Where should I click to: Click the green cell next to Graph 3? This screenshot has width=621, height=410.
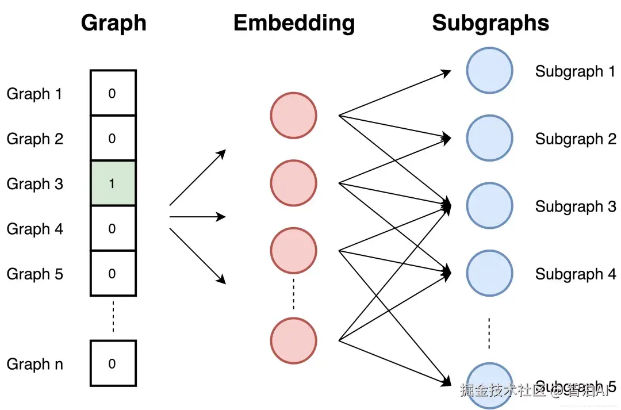coord(113,183)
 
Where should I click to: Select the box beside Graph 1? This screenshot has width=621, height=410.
coord(113,93)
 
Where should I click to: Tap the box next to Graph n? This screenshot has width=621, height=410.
coord(113,363)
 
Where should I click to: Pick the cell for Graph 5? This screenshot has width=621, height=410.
coord(113,274)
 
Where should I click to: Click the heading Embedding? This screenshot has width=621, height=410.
coord(294,23)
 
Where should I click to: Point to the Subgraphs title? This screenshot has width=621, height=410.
coord(490,23)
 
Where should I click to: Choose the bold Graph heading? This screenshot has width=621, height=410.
coord(113,23)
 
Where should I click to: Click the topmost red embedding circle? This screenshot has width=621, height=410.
coord(294,115)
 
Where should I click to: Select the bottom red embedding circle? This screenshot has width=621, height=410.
coord(294,340)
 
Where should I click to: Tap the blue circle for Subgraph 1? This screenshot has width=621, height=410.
coord(489,71)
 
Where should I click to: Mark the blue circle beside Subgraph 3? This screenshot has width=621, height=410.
coord(489,206)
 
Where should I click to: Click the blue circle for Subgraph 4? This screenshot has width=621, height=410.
coord(489,273)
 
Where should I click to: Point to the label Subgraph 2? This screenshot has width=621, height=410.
coord(575,139)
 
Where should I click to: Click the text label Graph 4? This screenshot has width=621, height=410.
coord(34,229)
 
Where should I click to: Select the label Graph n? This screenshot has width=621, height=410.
coord(34,364)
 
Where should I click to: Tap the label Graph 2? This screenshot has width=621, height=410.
coord(34,139)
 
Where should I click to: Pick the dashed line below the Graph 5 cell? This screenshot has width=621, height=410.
coord(113,316)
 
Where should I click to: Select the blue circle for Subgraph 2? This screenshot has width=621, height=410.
coord(489,138)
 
